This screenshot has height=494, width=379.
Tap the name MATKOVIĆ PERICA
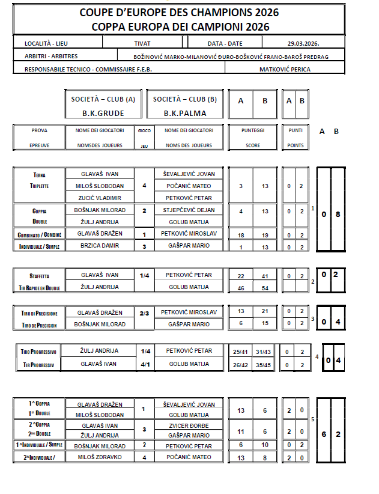coord(286,69)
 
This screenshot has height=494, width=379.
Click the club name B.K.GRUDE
coord(104,112)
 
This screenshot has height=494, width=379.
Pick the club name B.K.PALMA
coord(184,112)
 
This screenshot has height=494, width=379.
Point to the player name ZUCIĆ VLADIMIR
coord(100,198)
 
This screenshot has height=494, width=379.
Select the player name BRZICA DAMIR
coord(100,245)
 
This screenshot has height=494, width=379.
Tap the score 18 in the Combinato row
coord(241,234)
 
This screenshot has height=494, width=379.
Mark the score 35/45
coord(265,364)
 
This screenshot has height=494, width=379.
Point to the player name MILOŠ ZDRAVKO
coord(100,457)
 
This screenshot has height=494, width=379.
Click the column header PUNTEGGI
coord(252,130)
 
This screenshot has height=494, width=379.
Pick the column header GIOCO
coord(144,130)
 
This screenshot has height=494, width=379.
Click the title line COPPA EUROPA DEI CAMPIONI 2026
coord(180,26)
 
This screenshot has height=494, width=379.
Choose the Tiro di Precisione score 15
coord(265,324)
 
